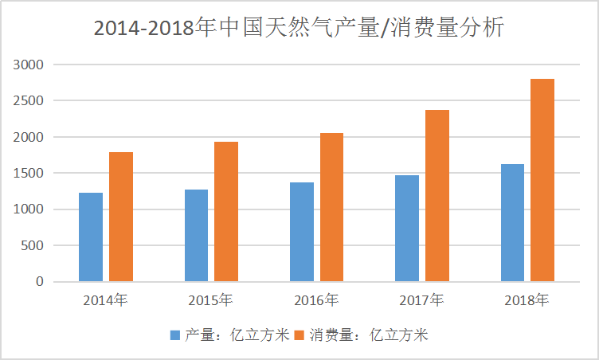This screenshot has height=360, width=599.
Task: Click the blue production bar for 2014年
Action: (91, 237)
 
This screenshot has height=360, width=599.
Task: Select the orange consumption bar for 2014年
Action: (121, 217)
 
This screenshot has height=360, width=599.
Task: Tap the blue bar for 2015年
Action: (196, 236)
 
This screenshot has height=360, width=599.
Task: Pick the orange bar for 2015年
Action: (226, 212)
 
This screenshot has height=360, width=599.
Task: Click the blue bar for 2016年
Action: (302, 232)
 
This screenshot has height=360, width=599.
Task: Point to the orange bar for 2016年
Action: (331, 207)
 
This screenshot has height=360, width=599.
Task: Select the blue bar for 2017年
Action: (407, 229)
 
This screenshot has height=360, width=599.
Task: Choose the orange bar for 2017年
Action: (437, 196)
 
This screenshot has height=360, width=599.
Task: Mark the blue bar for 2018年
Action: (512, 223)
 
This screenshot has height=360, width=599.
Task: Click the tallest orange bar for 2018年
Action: (542, 180)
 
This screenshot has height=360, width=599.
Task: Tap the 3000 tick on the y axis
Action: (30, 65)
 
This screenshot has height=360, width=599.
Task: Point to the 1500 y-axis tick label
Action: (30, 174)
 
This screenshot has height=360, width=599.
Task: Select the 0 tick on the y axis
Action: (41, 282)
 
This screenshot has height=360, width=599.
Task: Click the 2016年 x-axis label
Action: (316, 301)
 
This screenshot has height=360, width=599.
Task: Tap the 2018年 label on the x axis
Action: (527, 301)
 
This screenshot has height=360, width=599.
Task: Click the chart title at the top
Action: (299, 28)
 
